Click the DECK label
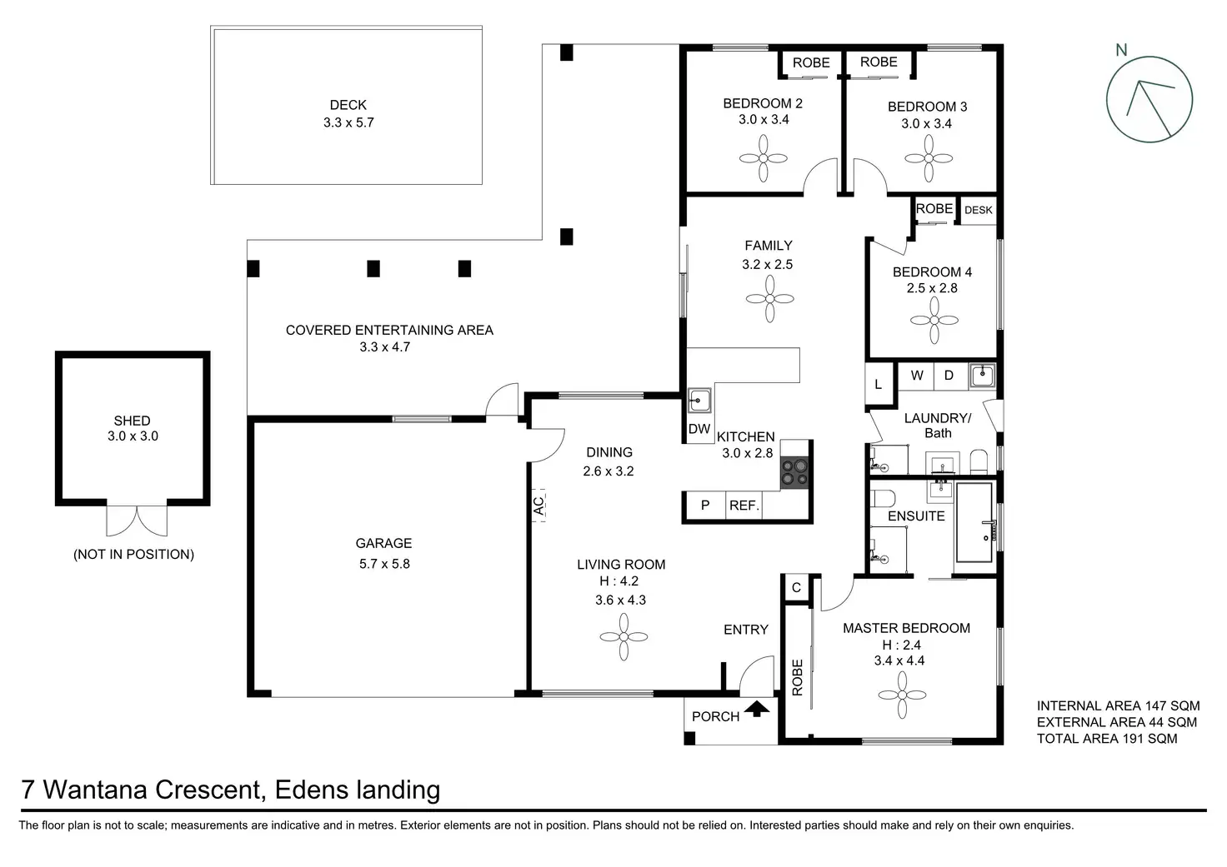click(x=348, y=105)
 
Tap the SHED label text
click(x=132, y=421)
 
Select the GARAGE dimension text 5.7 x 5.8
click(x=384, y=564)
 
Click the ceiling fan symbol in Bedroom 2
click(x=763, y=159)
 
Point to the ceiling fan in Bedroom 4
click(x=934, y=320)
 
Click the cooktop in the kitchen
click(x=795, y=472)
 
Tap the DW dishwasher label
click(x=699, y=429)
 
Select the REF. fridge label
click(x=744, y=506)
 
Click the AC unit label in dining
click(x=539, y=506)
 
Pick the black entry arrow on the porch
click(x=757, y=709)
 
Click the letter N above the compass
click(x=1122, y=50)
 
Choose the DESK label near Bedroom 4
click(x=979, y=210)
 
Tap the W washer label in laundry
click(x=917, y=376)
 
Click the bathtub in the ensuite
click(x=974, y=522)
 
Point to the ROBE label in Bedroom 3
click(x=879, y=62)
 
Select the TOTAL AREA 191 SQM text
click(x=1107, y=739)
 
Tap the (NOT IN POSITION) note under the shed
click(x=133, y=555)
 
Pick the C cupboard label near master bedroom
click(x=796, y=587)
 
